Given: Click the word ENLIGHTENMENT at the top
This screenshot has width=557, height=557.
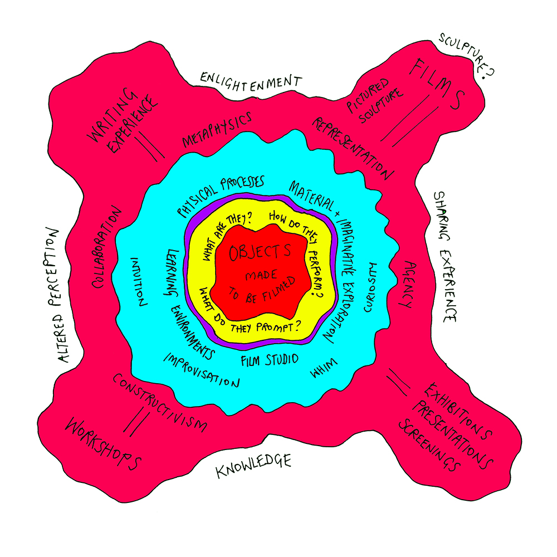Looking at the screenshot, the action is [251, 82].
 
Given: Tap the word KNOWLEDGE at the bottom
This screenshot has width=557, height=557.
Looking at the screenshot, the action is [253, 465].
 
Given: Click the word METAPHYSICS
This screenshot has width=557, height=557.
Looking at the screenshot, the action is [217, 130].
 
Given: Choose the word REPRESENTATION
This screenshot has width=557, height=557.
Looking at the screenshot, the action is [353, 148].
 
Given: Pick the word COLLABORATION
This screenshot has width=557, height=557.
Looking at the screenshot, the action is [106, 247].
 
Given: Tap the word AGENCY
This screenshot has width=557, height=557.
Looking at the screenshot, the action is [408, 284].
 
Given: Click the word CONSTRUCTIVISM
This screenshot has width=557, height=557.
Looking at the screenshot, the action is [159, 403].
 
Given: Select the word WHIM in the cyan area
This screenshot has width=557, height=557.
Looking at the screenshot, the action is [324, 368].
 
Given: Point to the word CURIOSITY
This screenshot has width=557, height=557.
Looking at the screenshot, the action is [370, 287].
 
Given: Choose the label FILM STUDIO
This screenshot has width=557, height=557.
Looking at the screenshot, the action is [270, 360].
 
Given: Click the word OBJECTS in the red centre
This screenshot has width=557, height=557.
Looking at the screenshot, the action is [260, 252].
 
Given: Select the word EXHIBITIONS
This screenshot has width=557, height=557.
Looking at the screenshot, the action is [458, 411].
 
